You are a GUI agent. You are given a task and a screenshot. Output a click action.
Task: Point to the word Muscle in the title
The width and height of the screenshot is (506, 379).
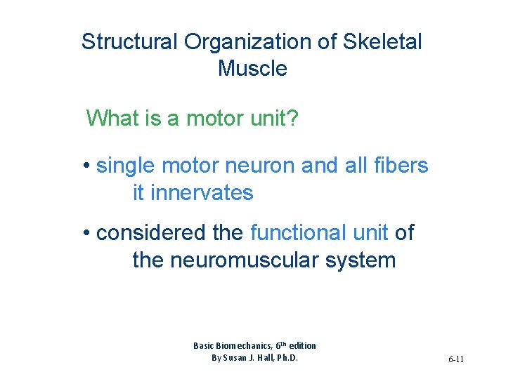click(252, 69)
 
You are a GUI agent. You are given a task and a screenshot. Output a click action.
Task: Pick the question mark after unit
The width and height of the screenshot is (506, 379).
click(293, 118)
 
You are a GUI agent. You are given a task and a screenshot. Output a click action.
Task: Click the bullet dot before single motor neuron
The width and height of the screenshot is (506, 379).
click(86, 166)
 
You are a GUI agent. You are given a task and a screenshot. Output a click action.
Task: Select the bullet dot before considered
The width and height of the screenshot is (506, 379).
click(86, 233)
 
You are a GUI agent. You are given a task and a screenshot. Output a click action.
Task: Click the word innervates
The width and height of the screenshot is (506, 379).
click(193, 192)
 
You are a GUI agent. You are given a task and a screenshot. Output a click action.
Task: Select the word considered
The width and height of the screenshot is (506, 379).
click(169, 232)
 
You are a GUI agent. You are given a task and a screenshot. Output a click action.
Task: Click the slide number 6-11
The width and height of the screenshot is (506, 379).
click(456, 359)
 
